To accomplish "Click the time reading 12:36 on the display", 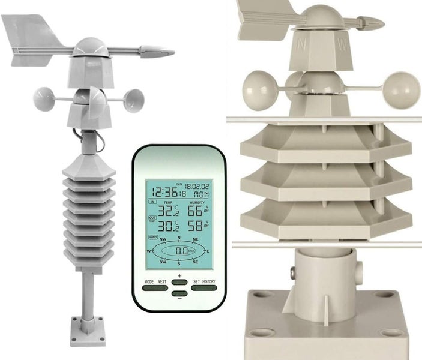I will [x=164, y=192].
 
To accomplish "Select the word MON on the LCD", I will [x=200, y=196].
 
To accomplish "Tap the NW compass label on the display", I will [x=162, y=239].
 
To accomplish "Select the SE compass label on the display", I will [x=195, y=262].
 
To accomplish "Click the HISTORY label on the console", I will [x=208, y=281].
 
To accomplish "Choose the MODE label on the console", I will [x=149, y=281].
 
